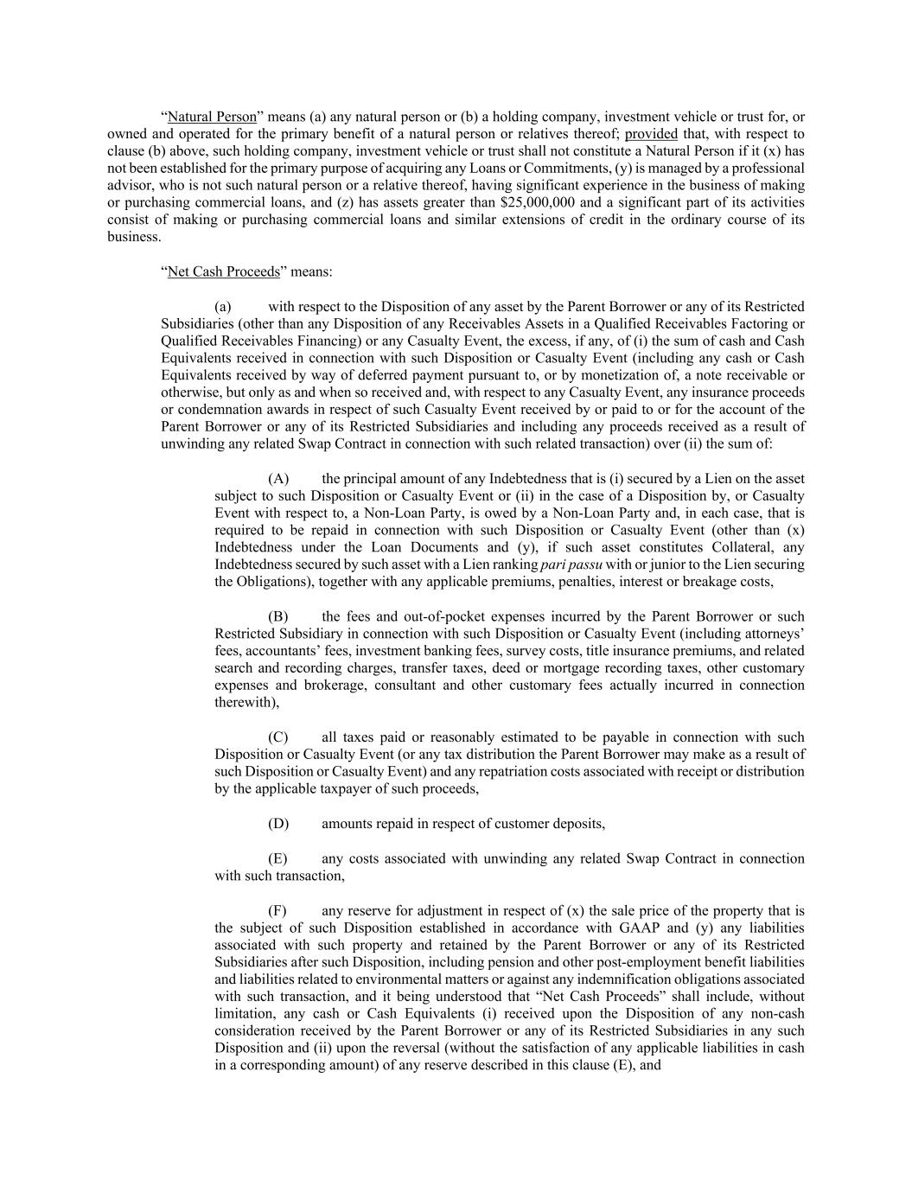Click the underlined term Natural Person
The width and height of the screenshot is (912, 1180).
tap(212, 117)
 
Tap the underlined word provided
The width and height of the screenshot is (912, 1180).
tap(651, 134)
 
